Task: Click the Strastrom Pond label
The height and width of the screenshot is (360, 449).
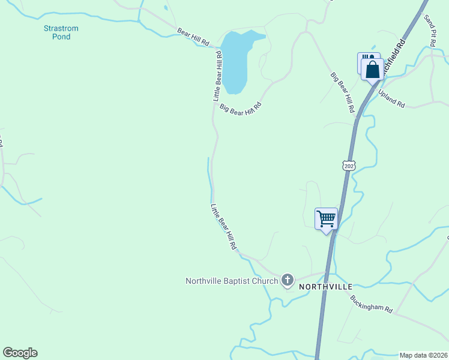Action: point(61,32)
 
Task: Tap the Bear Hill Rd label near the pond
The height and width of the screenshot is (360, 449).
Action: point(193,37)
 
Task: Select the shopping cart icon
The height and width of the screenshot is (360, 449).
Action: point(326,218)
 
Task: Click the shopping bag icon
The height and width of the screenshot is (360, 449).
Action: point(372,70)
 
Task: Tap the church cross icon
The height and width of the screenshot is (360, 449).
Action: point(288,280)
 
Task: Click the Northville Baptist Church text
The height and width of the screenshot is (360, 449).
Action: point(232,281)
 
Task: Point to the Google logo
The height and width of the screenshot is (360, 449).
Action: point(20,353)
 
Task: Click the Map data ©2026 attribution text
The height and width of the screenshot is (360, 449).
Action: point(424,355)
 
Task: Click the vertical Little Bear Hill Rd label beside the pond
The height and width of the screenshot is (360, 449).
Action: point(217,76)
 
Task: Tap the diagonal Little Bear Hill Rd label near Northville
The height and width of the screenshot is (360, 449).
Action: point(223,227)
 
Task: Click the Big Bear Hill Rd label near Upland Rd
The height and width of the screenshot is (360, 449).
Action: point(343,93)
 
